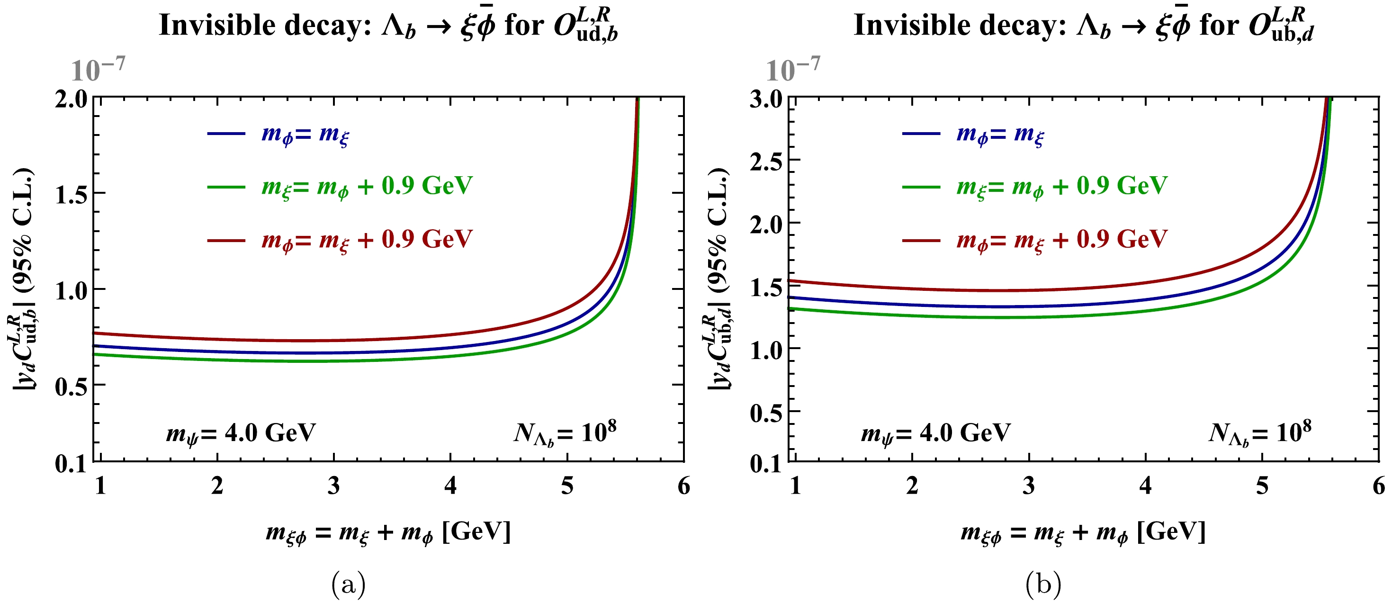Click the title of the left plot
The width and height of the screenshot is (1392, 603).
[x=388, y=26]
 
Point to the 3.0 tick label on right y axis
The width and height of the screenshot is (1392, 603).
[x=766, y=99]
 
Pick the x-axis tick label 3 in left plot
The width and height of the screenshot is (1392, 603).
[x=334, y=486]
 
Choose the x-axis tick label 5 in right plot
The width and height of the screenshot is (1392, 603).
[x=1262, y=486]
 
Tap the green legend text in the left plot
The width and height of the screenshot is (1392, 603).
[x=367, y=187]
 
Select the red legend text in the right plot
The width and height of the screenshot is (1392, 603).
[x=1062, y=239]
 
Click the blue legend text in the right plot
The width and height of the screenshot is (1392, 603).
[x=1000, y=134]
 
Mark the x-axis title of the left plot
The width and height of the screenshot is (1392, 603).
[x=388, y=533]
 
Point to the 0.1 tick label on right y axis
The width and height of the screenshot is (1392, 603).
[x=766, y=464]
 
